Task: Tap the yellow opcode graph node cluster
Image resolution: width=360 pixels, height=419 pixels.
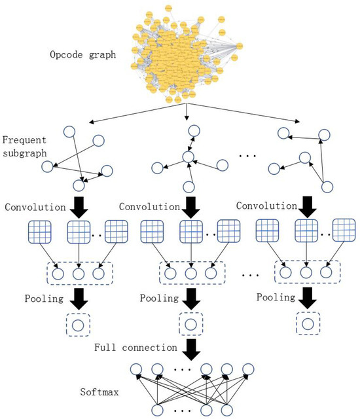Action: pyautogui.click(x=188, y=52)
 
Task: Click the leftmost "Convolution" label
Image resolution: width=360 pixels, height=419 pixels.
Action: pyautogui.click(x=35, y=208)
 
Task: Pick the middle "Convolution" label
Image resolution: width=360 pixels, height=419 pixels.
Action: pyautogui.click(x=149, y=207)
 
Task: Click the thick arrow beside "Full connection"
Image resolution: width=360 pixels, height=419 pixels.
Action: pyautogui.click(x=190, y=348)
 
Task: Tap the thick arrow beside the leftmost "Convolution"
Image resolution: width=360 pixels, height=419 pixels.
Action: pyautogui.click(x=79, y=208)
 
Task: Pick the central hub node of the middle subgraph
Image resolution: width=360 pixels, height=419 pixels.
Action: pyautogui.click(x=189, y=158)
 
